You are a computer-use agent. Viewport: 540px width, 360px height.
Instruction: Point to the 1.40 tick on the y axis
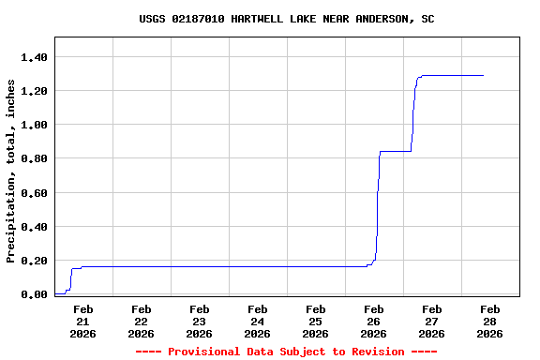click(x=34, y=57)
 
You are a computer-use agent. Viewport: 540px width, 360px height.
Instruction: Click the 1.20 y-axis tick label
click(x=34, y=91)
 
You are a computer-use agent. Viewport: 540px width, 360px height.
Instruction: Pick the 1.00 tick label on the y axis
click(x=34, y=125)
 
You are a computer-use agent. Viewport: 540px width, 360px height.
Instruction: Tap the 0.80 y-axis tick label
click(x=34, y=158)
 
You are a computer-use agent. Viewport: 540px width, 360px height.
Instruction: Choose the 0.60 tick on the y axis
click(x=34, y=193)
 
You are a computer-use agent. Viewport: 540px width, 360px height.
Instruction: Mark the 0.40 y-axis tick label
click(x=34, y=227)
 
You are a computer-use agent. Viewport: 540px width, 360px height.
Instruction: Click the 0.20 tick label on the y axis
click(x=34, y=261)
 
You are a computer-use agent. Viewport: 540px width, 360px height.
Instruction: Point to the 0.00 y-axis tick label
click(x=34, y=294)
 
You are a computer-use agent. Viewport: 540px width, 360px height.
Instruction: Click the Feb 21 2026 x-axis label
click(x=83, y=321)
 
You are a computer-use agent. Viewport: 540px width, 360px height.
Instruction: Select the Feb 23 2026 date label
click(x=200, y=321)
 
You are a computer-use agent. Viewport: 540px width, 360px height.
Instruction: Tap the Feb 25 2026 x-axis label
click(x=316, y=321)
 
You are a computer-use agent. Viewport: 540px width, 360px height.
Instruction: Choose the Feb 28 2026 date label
click(x=490, y=321)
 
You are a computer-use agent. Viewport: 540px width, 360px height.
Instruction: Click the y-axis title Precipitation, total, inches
click(x=11, y=172)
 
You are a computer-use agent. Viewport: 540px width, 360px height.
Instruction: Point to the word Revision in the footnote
click(x=377, y=352)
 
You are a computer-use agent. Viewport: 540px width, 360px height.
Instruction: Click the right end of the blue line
click(x=483, y=75)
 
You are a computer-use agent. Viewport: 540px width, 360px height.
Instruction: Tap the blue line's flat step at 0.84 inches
click(x=395, y=151)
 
